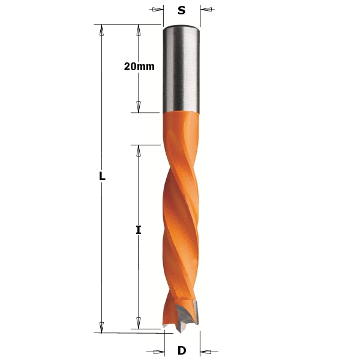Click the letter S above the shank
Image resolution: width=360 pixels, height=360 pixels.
click(181, 10)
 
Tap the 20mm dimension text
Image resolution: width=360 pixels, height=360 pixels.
click(139, 67)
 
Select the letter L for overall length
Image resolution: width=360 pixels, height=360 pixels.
click(102, 176)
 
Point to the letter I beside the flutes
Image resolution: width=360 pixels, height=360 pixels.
click(139, 230)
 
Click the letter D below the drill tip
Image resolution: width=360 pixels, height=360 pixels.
click(182, 351)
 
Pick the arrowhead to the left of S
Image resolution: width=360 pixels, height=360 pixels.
click(157, 10)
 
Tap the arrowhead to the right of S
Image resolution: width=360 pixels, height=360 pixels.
click(206, 10)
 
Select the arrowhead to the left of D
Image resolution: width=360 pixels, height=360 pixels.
click(157, 352)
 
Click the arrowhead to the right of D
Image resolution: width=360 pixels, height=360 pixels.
click(207, 352)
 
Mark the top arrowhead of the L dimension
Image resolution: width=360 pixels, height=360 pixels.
click(102, 31)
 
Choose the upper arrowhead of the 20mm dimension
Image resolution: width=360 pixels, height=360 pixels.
click(139, 31)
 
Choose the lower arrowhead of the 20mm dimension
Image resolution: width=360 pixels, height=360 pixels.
click(139, 106)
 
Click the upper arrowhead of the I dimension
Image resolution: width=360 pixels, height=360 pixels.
click(139, 151)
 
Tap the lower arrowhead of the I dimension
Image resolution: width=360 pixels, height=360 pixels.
click(139, 323)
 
